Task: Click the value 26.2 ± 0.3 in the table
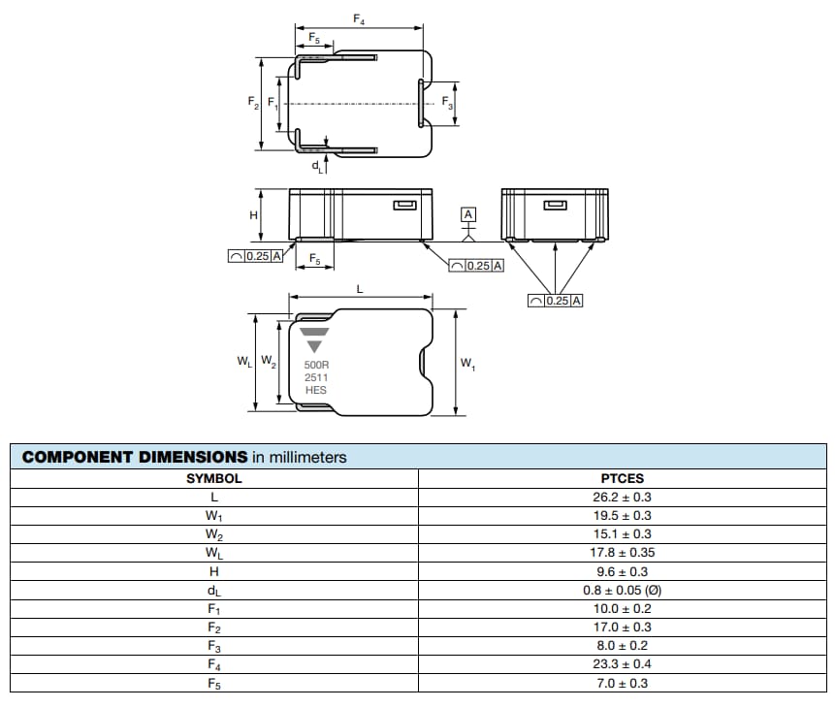coord(622,497)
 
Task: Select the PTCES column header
coord(622,478)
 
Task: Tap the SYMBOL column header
coord(214,478)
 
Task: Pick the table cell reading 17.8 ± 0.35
coord(622,553)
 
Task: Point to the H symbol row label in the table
coord(214,571)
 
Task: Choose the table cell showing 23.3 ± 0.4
coord(622,664)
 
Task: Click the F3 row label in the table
coord(214,646)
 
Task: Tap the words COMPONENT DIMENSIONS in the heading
coord(135,457)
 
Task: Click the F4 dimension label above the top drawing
coord(359,19)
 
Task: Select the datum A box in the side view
coord(468,213)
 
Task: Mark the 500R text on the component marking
coord(317,366)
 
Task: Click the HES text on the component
coord(316,390)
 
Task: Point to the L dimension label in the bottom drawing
coord(360,289)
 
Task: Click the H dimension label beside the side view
coord(254,214)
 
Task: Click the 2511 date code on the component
coord(316,377)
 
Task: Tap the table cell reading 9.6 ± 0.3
coord(622,571)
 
